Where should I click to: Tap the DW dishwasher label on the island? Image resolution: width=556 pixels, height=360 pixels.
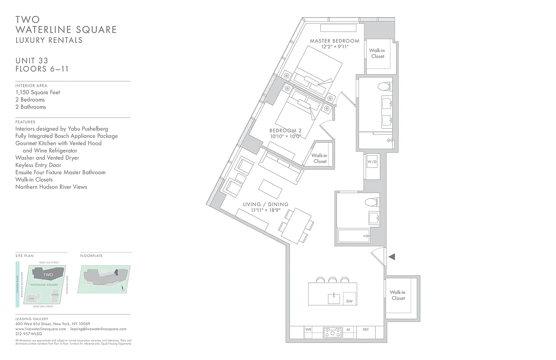[x=349, y=301]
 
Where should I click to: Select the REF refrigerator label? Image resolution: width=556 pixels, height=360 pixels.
[x=366, y=330]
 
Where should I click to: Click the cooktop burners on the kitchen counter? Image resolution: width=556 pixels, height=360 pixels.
[x=332, y=333]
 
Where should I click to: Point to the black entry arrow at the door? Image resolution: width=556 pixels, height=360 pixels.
[x=391, y=256]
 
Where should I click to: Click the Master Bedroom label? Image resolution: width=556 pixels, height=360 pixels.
[x=335, y=41]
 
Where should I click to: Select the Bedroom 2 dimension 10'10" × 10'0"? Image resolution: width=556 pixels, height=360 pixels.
[x=286, y=136]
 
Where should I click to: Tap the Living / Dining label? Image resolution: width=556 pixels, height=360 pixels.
[x=265, y=204]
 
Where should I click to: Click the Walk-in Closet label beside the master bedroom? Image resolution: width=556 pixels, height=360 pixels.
[x=378, y=53]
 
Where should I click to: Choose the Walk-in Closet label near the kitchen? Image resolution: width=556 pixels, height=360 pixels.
[x=398, y=295]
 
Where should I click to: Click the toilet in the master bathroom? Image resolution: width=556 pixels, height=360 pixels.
[x=383, y=86]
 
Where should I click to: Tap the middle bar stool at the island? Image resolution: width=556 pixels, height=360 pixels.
[x=333, y=280]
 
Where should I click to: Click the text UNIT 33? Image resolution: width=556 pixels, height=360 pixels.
[x=31, y=61]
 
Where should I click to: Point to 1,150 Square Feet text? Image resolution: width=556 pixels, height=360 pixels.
[x=37, y=92]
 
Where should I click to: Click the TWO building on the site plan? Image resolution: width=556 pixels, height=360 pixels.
[x=48, y=274]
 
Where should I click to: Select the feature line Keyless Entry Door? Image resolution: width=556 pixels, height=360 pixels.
[x=38, y=165]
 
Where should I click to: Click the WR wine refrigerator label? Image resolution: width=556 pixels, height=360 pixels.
[x=308, y=330]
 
